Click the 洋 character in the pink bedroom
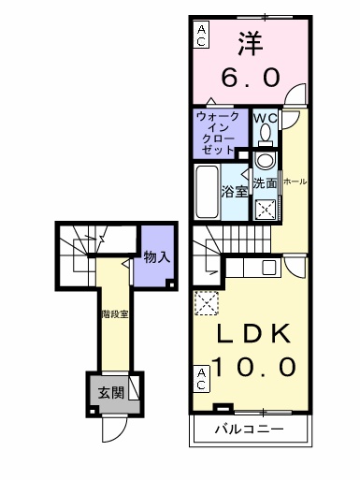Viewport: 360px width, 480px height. point(248,43)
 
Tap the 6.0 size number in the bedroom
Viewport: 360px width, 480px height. point(249,78)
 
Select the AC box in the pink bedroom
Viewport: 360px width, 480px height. point(201,35)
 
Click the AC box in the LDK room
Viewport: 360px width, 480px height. point(201,379)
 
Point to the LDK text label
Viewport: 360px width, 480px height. point(248,334)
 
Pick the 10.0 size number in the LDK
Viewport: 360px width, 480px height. point(248,365)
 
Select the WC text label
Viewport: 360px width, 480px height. point(265,118)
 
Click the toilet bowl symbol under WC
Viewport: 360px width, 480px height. point(265,137)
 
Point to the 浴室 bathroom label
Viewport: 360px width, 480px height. point(234,191)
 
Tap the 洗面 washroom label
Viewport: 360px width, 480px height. point(266,183)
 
